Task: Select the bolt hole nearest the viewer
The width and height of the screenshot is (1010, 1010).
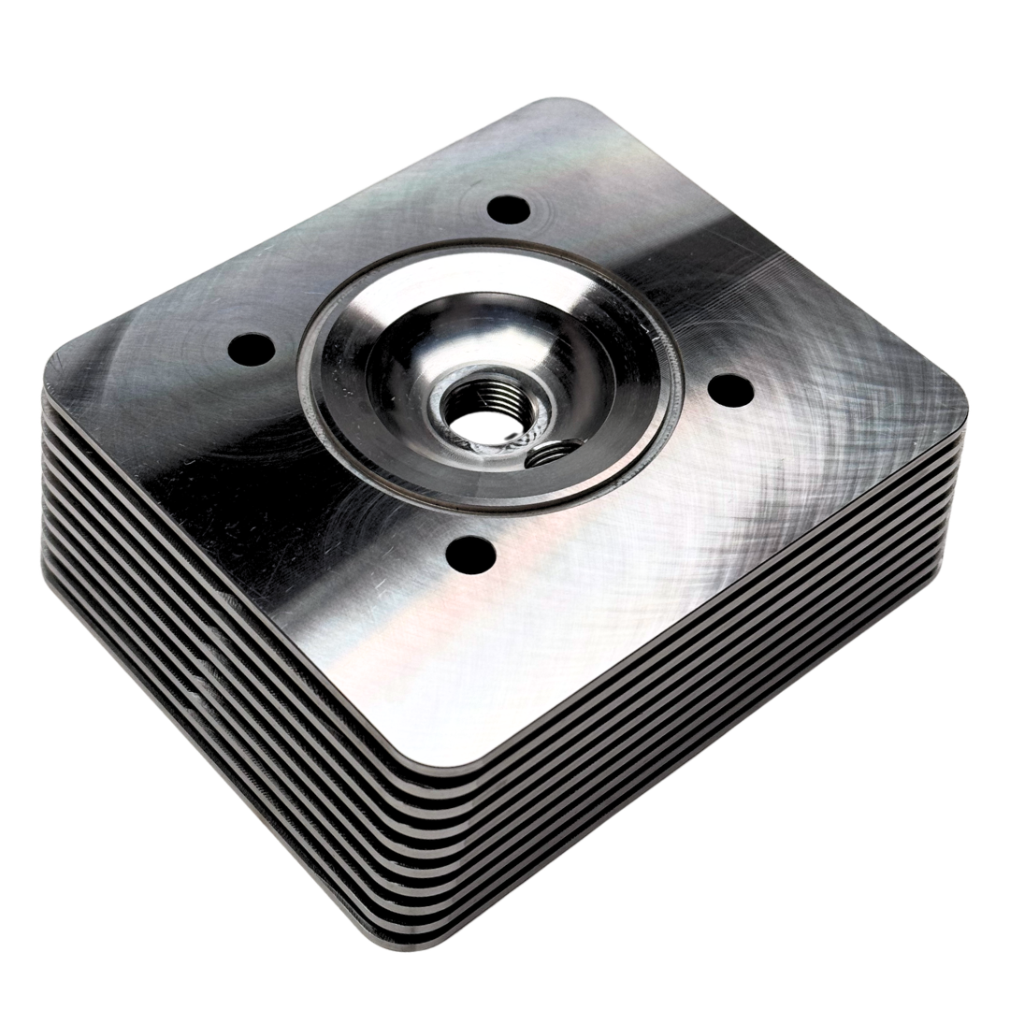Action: pyautogui.click(x=469, y=554)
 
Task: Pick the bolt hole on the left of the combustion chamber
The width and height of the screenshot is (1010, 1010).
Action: pyautogui.click(x=251, y=351)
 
